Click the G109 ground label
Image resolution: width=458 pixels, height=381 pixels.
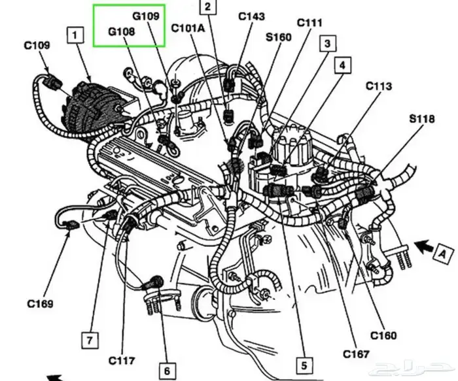[x=146, y=16]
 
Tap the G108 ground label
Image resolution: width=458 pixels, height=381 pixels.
[x=122, y=31]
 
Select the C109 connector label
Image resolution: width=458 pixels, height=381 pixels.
[x=37, y=45]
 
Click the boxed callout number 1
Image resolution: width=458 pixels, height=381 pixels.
[x=75, y=35]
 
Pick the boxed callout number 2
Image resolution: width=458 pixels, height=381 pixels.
[x=207, y=7]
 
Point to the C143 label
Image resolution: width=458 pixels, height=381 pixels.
[x=252, y=16]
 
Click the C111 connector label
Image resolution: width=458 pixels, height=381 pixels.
[x=309, y=23]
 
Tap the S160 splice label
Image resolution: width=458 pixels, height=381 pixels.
[x=278, y=37]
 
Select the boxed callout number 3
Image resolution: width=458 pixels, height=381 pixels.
[x=327, y=44]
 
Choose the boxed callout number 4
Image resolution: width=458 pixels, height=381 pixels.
[x=342, y=65]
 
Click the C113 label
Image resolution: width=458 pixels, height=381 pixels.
[x=379, y=86]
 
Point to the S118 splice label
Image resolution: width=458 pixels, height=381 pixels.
[x=422, y=119]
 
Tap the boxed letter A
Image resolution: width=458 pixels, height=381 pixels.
[x=444, y=254]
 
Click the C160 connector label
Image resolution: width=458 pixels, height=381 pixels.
[x=383, y=335]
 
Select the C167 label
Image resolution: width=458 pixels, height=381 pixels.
[x=356, y=354]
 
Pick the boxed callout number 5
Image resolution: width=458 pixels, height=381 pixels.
[x=304, y=365]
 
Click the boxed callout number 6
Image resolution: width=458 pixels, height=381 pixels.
[x=167, y=371]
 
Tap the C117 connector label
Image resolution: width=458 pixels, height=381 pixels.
[x=122, y=361]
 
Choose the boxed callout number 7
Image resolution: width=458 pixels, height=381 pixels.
[x=90, y=340]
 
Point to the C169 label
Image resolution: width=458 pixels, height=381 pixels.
[x=41, y=304]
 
